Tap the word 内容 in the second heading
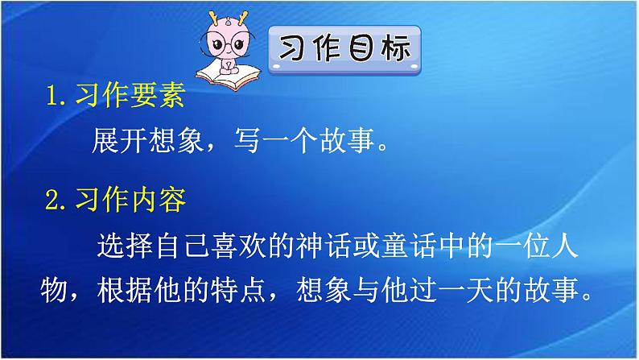point(163,201)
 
